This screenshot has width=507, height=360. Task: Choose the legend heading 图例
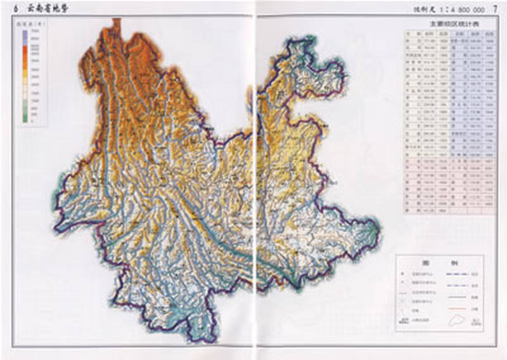click(x=439, y=262)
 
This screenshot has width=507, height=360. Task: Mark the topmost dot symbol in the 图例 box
click(x=402, y=274)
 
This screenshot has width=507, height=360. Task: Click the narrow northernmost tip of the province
click(x=116, y=23)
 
